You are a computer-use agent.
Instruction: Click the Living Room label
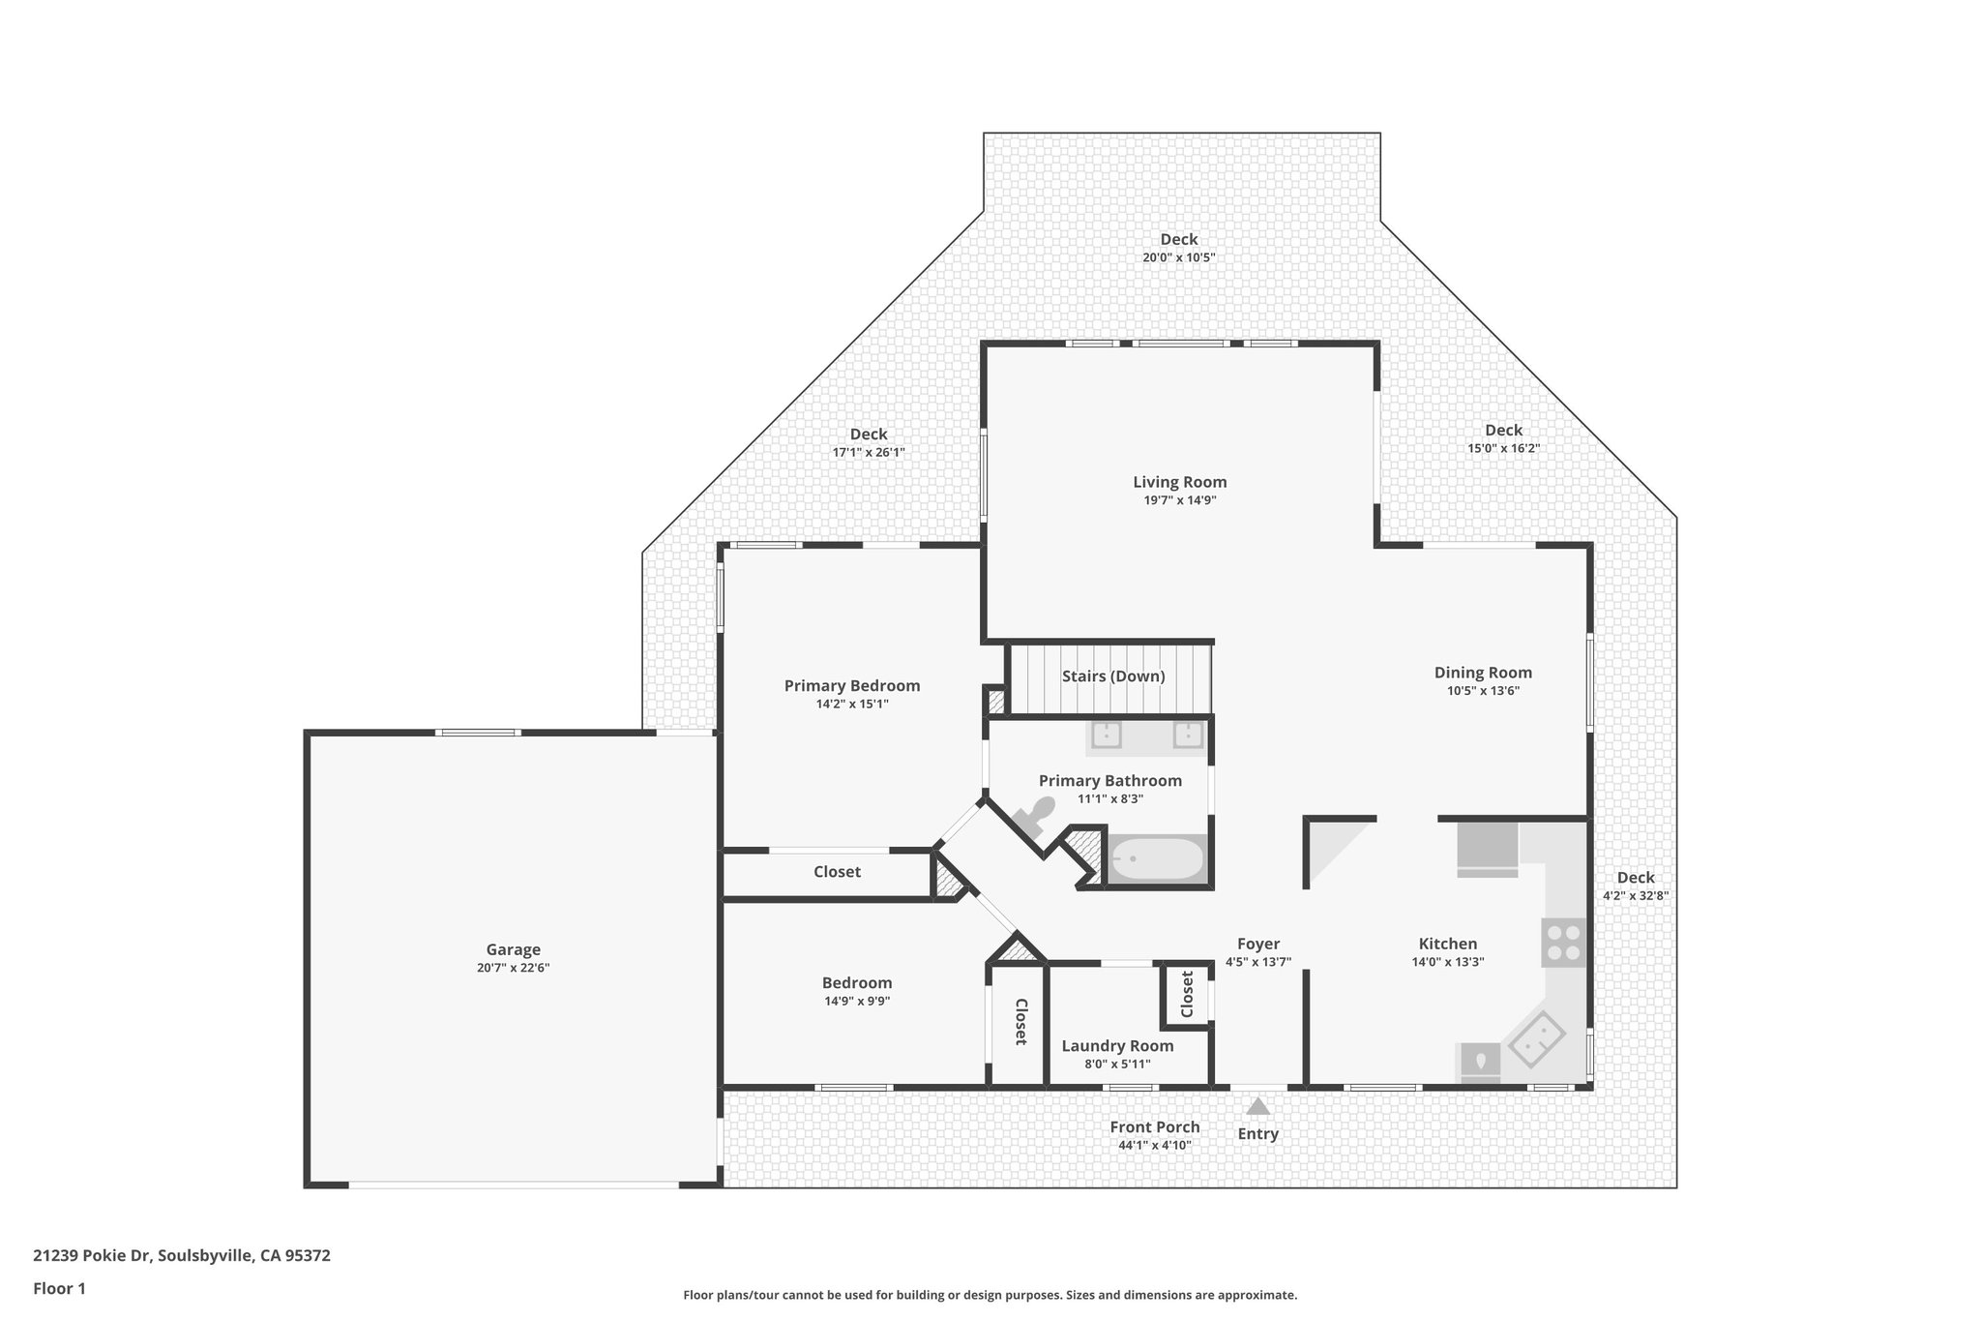click(x=1179, y=482)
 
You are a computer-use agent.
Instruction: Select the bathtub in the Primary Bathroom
click(x=1156, y=857)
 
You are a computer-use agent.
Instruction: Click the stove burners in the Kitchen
click(x=1563, y=943)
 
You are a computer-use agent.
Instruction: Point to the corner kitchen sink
click(x=1537, y=1039)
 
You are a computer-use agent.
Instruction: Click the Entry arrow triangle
click(x=1257, y=1106)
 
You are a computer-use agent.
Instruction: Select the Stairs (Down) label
click(x=1112, y=676)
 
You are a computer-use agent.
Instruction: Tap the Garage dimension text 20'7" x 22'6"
click(x=513, y=968)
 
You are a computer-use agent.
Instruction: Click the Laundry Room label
click(x=1117, y=1046)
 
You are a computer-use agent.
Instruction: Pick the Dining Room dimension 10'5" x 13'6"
click(x=1483, y=691)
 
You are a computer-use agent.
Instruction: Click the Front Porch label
click(x=1154, y=1127)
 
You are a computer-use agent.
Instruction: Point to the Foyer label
click(x=1257, y=944)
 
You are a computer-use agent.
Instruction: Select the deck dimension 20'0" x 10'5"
click(x=1178, y=257)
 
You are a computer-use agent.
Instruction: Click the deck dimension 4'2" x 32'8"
click(x=1635, y=896)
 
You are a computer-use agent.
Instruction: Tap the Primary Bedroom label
click(x=851, y=686)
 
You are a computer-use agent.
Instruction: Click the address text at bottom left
click(x=182, y=1256)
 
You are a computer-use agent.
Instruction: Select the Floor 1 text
click(x=59, y=1288)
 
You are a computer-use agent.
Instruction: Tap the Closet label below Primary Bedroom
click(x=837, y=872)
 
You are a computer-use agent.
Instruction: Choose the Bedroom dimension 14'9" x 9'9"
click(x=857, y=1001)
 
